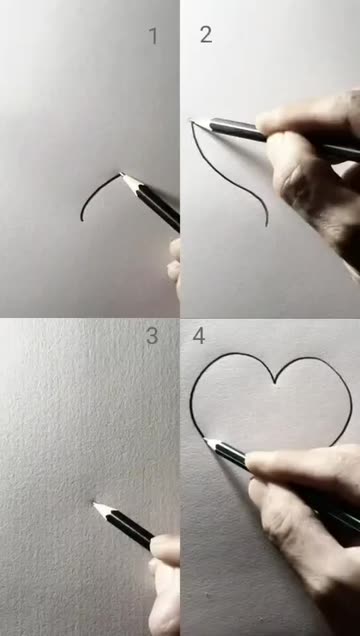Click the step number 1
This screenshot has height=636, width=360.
coord(153,36)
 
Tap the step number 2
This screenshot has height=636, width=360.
coord(206,35)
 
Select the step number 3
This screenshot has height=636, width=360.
coord(152,336)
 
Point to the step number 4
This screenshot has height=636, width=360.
coord(199,336)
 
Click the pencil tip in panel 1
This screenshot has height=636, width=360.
coord(120,174)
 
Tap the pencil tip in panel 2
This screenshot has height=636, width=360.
coord(192,120)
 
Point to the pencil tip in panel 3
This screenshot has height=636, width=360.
coord(94,503)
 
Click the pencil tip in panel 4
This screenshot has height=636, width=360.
coord(205,439)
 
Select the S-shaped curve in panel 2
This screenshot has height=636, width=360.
coord(227,178)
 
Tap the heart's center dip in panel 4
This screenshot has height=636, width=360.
coord(275,382)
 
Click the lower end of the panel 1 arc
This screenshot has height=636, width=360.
coord(82,220)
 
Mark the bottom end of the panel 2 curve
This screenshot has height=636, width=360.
coord(267,225)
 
